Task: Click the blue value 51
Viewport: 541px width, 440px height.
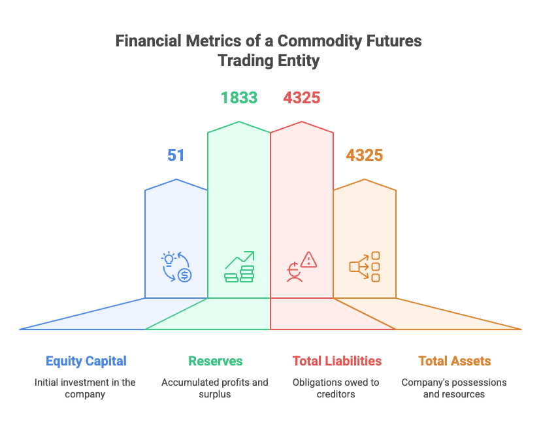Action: (176, 155)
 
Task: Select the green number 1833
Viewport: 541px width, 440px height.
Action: (239, 97)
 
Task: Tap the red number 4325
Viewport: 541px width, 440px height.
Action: (302, 97)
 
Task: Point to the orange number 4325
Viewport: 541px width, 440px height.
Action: (365, 155)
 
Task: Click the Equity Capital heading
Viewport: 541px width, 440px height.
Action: (86, 362)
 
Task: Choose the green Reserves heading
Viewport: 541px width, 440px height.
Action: (216, 361)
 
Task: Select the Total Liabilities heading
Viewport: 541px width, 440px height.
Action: (337, 361)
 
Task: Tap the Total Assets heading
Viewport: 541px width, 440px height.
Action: (455, 361)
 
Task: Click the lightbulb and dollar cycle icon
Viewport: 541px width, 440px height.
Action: (176, 267)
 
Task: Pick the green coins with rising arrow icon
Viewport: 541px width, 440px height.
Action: (239, 267)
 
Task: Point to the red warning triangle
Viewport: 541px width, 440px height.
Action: (308, 260)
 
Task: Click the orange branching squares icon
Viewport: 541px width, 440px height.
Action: (365, 267)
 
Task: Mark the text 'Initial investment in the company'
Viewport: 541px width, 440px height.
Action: (85, 388)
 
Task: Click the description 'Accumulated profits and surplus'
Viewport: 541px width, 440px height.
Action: (214, 388)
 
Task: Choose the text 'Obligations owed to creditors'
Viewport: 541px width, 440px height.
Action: (336, 388)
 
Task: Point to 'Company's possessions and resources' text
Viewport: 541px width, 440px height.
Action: (454, 388)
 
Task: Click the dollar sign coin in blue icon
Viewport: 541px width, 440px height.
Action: (185, 275)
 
